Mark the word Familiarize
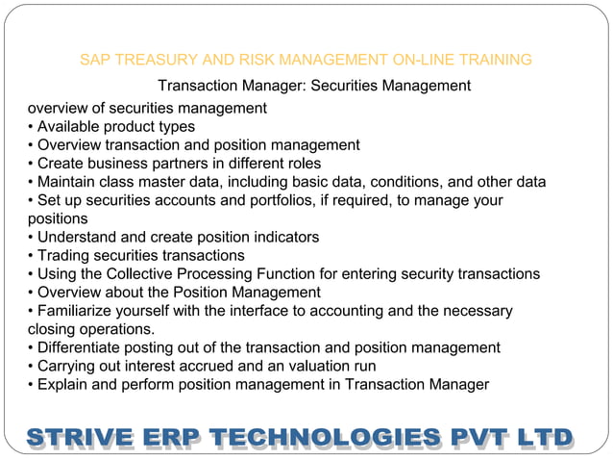pos(79,311)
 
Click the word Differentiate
pos(85,347)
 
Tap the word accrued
pos(227,366)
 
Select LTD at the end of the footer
pos(542,438)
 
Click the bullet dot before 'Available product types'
pos(31,127)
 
